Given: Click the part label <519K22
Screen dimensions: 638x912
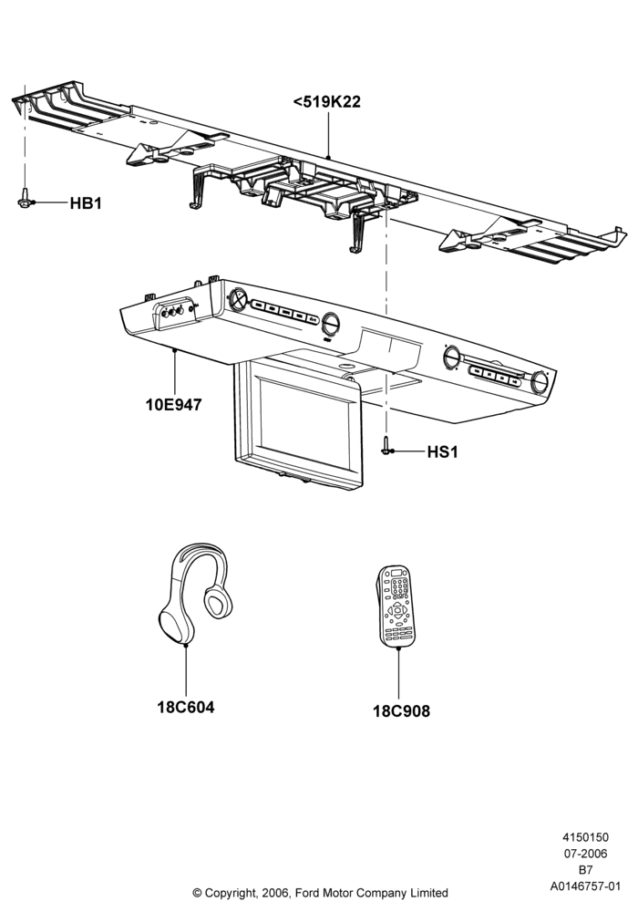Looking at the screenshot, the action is point(326,102).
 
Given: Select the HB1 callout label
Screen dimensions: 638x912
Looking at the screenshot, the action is point(86,203).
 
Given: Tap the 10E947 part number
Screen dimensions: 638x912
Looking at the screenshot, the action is point(173,404).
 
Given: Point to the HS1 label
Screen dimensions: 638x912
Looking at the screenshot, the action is point(442,452).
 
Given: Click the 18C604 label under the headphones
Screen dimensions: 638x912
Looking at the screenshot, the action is point(185,708).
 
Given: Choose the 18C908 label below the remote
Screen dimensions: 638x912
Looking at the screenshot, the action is point(401,710).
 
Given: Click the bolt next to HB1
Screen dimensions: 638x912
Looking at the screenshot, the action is point(25,198).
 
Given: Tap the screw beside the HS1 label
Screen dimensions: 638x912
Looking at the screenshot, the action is point(386,446).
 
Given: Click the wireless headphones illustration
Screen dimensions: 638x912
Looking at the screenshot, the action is point(195,594).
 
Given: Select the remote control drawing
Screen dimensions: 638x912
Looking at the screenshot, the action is point(396,606).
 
